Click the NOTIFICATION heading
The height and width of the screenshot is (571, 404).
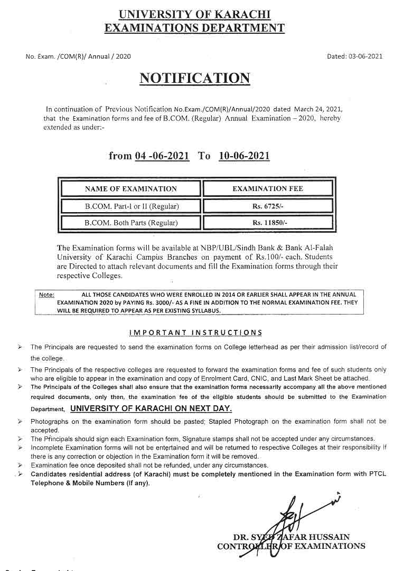pyautogui.click(x=194, y=78)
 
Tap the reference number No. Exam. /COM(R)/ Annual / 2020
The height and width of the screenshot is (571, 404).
pyautogui.click(x=78, y=56)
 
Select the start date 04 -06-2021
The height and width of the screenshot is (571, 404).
pyautogui.click(x=162, y=156)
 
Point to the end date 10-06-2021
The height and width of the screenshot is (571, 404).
pyautogui.click(x=244, y=156)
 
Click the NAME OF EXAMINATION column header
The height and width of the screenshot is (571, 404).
pyautogui.click(x=131, y=188)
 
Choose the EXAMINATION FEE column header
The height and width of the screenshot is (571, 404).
pyautogui.click(x=268, y=188)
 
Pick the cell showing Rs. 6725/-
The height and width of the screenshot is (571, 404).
pyautogui.click(x=268, y=206)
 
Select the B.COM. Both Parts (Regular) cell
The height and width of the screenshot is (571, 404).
pyautogui.click(x=131, y=223)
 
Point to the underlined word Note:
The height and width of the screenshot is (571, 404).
pyautogui.click(x=46, y=294)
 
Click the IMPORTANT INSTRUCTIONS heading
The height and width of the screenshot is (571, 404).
pyautogui.click(x=195, y=332)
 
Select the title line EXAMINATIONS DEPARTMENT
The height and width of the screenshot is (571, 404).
pyautogui.click(x=194, y=28)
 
